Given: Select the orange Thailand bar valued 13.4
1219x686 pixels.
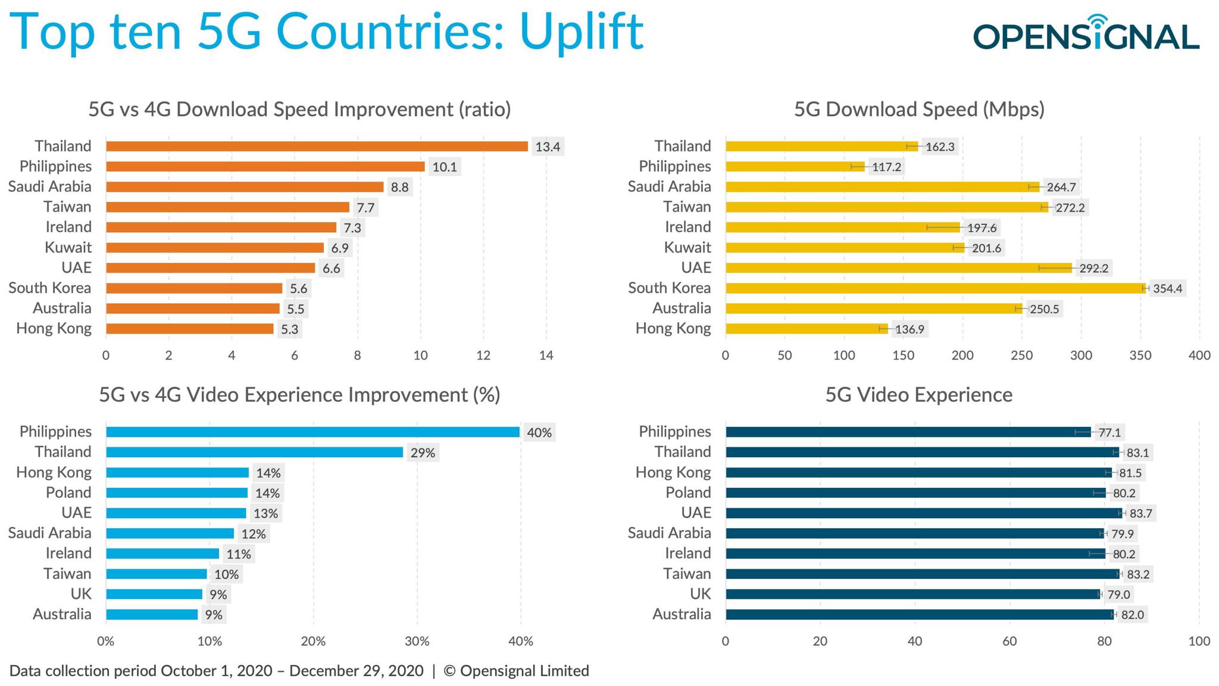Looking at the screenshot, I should coord(317,146).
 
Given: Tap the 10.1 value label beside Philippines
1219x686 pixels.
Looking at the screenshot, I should coord(444,167).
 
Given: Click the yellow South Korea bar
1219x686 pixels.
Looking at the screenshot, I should coord(934,288).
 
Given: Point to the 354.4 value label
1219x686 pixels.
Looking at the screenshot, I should coord(1167,289).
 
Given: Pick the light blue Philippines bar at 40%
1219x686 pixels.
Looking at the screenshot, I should coord(312,432).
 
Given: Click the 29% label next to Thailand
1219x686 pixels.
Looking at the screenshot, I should coord(423,453).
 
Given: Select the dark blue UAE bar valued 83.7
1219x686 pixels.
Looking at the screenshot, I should coord(923,513).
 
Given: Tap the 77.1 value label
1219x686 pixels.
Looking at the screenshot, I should coord(1109,433).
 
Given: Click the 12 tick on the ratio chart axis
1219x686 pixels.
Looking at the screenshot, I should coord(483,356).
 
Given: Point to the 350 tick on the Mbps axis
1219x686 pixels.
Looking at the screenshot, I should coord(1140,356).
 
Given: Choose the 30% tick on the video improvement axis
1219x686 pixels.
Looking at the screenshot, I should coord(417,642).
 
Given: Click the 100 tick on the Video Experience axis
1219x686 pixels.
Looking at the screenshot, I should coord(1199,641).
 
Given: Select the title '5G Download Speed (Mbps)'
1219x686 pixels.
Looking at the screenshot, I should coord(919,110).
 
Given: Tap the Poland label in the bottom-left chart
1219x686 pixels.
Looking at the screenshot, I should coord(68,493).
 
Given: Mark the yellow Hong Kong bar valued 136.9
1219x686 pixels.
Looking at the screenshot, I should coord(806,329).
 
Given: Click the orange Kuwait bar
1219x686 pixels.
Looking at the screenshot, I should coord(214,248).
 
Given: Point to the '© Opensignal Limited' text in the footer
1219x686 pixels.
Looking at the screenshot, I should coord(516,671).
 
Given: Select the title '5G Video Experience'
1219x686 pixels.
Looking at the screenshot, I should coord(918,395).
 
